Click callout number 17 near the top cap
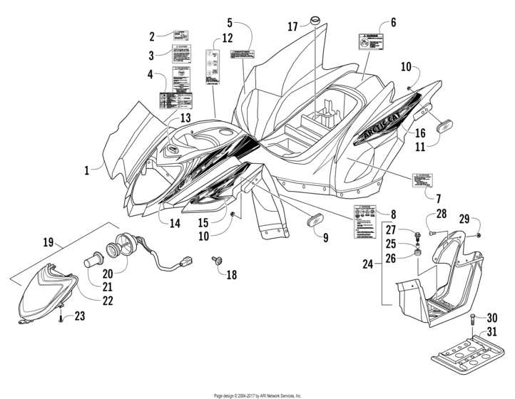(292, 26)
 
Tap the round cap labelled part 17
(315, 18)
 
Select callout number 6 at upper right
(393, 23)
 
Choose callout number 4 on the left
(151, 74)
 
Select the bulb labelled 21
(95, 260)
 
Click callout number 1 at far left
(86, 170)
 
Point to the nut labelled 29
(479, 234)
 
